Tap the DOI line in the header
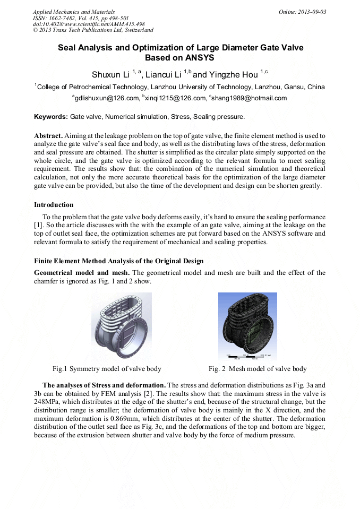coord(89,24)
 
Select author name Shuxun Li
coord(111,74)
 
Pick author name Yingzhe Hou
coord(235,74)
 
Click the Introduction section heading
coord(54,205)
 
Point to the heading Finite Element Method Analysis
coord(118,261)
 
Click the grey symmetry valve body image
coord(121,326)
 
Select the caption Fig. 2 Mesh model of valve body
coord(258,369)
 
